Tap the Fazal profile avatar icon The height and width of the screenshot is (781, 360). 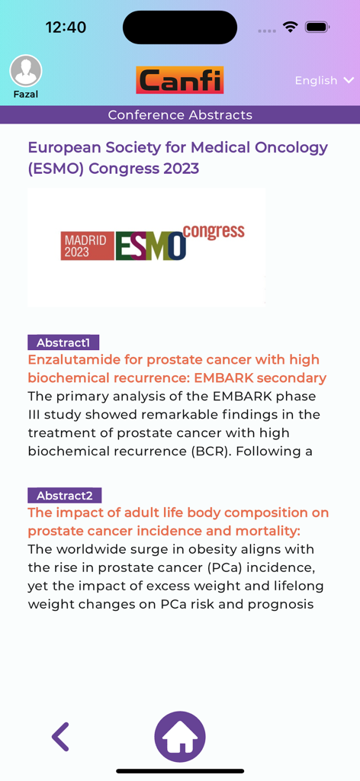pyautogui.click(x=26, y=71)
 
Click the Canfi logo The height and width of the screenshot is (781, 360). pyautogui.click(x=180, y=80)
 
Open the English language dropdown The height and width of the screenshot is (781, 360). pyautogui.click(x=324, y=80)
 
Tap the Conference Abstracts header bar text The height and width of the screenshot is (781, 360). pyautogui.click(x=180, y=115)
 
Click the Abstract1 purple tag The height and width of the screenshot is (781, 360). pyautogui.click(x=63, y=342)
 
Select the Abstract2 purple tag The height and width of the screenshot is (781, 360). pyautogui.click(x=64, y=495)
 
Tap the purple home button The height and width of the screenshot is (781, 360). pyautogui.click(x=180, y=737)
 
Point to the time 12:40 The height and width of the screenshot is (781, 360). pyautogui.click(x=66, y=27)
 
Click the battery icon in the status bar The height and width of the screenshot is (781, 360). pyautogui.click(x=317, y=27)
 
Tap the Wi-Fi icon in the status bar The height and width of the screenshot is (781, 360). pyautogui.click(x=290, y=27)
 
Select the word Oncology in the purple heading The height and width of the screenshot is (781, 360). pyautogui.click(x=290, y=147)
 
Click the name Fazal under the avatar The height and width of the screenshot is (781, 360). pyautogui.click(x=26, y=95)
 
